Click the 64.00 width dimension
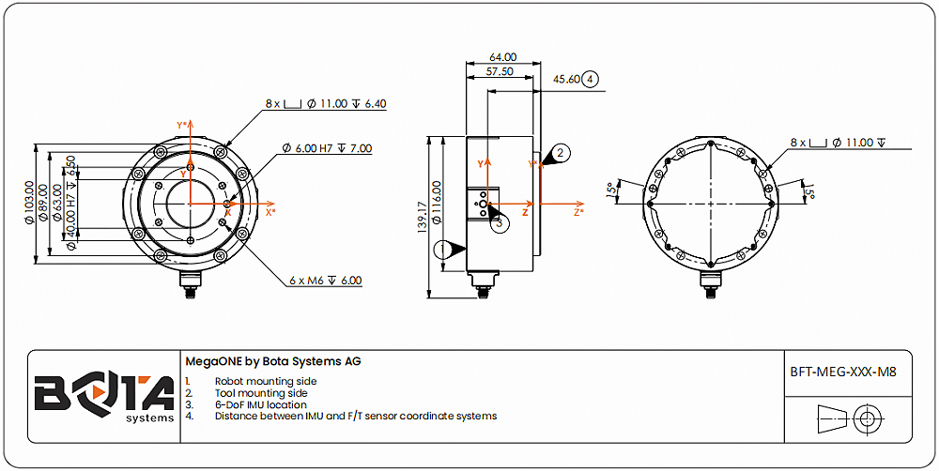[503, 57]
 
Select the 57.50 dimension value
[500, 71]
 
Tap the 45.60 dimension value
[567, 80]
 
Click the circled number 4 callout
[590, 80]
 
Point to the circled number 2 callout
[561, 152]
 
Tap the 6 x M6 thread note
[325, 281]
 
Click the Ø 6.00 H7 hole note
[327, 148]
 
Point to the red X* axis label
[270, 212]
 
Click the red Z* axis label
[580, 212]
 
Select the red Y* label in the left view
[183, 125]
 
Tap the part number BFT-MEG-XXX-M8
[843, 372]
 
